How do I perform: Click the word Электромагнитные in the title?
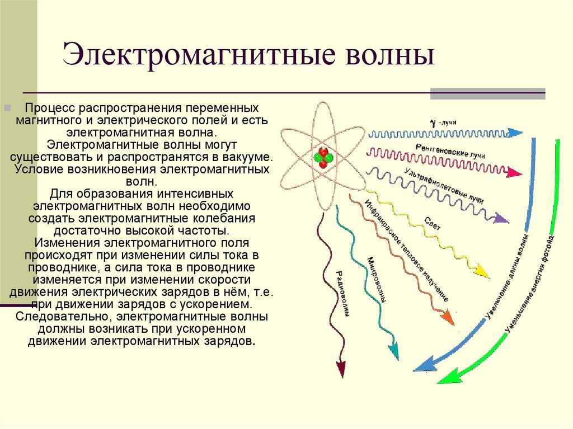[199, 54]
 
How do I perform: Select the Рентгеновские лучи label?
[450, 150]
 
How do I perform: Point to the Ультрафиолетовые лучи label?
[444, 186]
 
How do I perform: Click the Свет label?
[433, 223]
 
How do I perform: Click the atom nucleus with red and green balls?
[323, 157]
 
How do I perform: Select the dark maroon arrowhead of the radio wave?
[341, 369]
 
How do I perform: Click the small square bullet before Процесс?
[7, 108]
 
